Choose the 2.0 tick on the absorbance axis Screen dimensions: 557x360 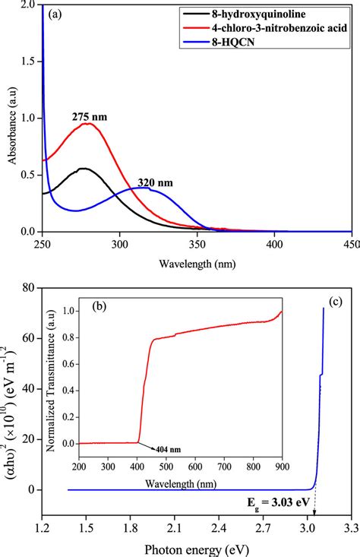click(28, 5)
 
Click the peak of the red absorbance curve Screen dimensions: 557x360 click(89, 123)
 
